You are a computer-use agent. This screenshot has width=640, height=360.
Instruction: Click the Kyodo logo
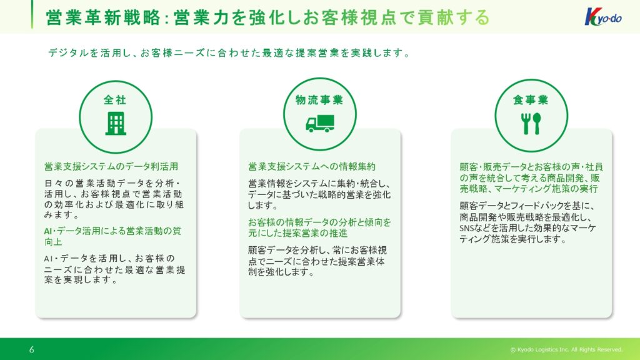pos(603,17)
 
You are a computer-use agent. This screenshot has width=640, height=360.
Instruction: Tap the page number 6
pos(31,349)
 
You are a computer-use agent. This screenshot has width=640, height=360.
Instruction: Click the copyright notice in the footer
pos(566,350)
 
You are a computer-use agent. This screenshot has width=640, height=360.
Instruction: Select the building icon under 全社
pos(116,124)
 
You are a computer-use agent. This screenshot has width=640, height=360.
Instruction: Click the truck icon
pos(320,124)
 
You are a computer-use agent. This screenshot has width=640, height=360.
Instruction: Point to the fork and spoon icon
pos(531,124)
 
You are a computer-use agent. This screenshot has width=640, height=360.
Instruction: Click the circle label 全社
pos(115,100)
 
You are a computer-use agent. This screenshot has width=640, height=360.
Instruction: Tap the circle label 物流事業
pos(319,100)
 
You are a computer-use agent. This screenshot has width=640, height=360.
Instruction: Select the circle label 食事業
pos(531,100)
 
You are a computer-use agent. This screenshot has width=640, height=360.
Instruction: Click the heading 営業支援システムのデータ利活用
pos(111,166)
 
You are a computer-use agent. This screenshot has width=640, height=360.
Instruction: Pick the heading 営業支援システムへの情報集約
pos(312,166)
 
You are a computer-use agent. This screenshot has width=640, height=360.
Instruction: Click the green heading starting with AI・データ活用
pos(112,236)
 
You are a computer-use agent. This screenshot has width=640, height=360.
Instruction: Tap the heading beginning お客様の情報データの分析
pos(319,227)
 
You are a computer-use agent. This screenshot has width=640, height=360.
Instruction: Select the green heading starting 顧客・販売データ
pos(531,178)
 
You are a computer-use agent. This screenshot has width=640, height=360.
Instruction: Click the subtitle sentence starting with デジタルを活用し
pos(229,53)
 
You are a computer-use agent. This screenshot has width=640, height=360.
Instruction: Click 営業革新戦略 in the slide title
pos(103,17)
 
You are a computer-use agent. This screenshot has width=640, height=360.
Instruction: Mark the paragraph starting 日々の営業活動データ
pos(114,199)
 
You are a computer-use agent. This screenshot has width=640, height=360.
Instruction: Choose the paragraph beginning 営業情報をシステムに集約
pos(319,194)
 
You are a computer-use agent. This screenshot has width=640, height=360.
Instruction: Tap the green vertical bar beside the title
pos(32,14)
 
